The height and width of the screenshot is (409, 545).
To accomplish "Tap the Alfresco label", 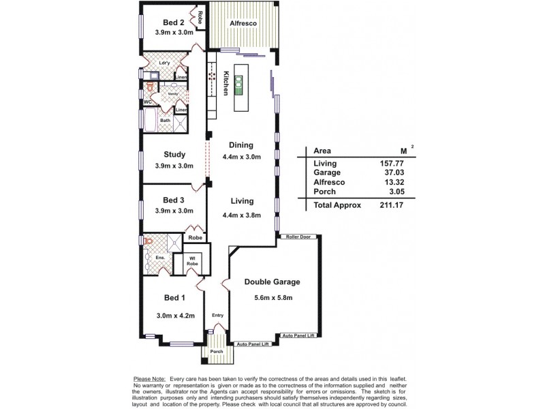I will (x=243, y=22).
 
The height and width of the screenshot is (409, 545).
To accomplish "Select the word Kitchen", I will (x=225, y=82).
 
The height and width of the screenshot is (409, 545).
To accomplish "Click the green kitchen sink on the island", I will (x=239, y=85).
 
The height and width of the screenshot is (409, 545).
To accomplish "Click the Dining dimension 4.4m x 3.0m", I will (x=241, y=156).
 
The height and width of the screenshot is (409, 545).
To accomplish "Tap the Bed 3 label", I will (x=173, y=200).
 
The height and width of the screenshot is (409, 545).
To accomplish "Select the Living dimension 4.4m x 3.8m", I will (x=241, y=215).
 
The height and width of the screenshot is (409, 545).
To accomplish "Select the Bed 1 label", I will (x=174, y=298).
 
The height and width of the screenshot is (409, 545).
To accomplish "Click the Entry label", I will (x=217, y=315).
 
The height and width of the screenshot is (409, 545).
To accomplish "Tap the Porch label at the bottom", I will (x=216, y=351).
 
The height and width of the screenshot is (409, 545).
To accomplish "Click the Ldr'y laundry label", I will (x=164, y=63).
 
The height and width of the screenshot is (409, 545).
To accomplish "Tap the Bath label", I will (x=165, y=121).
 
